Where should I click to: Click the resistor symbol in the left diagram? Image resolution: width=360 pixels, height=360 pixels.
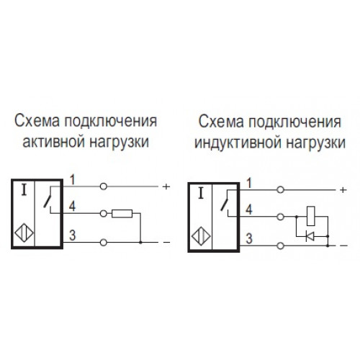click(122, 213)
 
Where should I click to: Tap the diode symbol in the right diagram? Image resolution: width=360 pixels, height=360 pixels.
click(310, 236)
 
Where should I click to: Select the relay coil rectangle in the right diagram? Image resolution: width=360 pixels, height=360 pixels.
click(311, 216)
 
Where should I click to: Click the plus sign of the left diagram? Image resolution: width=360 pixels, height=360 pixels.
click(166, 186)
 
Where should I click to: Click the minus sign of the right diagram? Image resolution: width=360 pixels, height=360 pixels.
click(343, 246)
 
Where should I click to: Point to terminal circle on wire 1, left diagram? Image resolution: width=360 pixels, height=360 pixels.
click(103, 186)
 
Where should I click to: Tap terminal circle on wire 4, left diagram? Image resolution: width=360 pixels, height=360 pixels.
click(103, 213)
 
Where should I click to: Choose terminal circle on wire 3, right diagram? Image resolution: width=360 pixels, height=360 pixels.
click(280, 246)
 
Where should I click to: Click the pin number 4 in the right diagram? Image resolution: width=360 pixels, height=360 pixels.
click(249, 210)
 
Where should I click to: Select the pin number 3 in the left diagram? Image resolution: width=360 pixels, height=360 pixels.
click(73, 235)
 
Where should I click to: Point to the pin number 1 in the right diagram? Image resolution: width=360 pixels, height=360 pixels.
click(249, 183)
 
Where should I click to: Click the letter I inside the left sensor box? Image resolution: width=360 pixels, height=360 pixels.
click(24, 191)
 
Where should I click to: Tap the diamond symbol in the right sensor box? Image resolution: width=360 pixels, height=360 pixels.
click(201, 236)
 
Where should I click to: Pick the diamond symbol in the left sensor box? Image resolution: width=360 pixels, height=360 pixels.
click(24, 233)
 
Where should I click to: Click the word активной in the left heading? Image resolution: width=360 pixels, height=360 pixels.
click(54, 142)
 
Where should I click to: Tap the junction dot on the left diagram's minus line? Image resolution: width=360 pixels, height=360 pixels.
click(140, 243)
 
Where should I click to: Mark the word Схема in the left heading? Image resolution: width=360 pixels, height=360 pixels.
click(37, 121)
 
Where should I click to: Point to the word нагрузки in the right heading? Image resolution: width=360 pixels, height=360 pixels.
click(316, 143)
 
